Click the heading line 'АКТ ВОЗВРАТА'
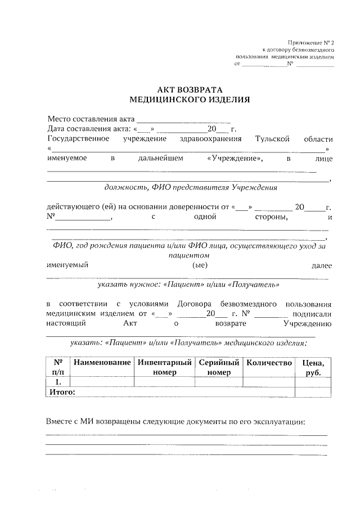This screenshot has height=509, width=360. coord(189,89)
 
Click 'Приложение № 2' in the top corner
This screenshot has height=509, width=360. coord(310,43)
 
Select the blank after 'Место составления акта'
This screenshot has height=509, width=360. coord(183,119)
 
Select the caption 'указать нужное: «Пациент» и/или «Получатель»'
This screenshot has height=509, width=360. coord(188,285)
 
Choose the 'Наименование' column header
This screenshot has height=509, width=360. coord(102,363)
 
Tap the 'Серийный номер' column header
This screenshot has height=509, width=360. coord(219,367)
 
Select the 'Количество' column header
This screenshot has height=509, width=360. coord(269,363)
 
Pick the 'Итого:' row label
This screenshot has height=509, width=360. coord(62,392)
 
